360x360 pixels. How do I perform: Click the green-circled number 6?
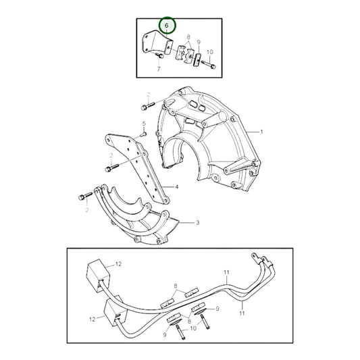coord(167,26)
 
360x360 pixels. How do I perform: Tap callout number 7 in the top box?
coord(159,69)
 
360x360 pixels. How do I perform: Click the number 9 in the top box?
coord(199,42)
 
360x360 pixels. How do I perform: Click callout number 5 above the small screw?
coord(144,123)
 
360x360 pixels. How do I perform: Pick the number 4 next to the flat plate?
coord(176,186)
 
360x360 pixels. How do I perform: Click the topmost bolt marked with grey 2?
coord(148,105)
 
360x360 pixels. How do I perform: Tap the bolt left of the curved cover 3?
coord(84,197)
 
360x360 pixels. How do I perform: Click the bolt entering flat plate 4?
coord(112,165)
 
